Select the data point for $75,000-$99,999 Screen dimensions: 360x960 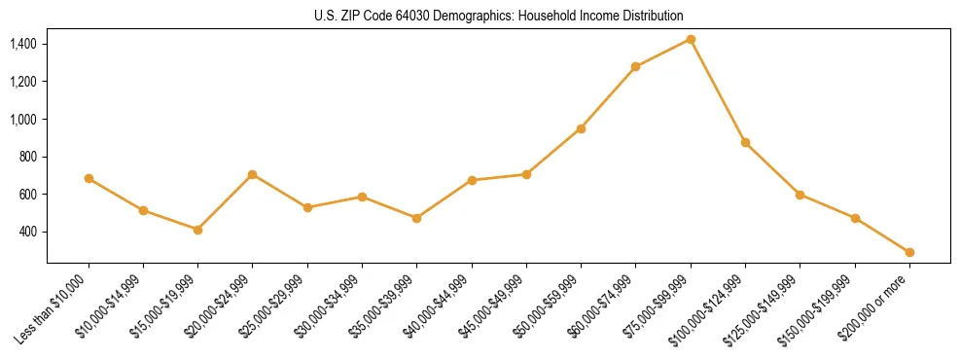point(691,39)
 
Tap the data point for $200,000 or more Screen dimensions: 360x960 point(909,252)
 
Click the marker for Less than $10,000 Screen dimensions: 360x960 point(89,178)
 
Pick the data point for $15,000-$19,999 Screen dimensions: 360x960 point(198,230)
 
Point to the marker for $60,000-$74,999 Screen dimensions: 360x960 point(635,66)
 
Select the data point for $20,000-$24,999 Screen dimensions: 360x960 point(253,174)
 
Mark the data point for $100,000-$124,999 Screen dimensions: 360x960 point(745,142)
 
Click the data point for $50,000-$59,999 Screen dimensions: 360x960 point(581,128)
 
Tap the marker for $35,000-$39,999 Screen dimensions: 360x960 point(416,218)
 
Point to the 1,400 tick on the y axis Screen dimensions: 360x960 point(23,44)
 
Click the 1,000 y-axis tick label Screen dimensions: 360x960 point(23,119)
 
